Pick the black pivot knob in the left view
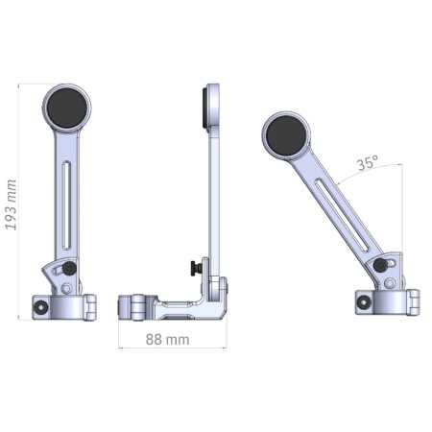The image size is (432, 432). (70, 268)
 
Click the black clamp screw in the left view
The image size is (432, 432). (43, 307)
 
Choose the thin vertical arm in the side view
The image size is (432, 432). (214, 192)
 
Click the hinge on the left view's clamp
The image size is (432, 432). (92, 305)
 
